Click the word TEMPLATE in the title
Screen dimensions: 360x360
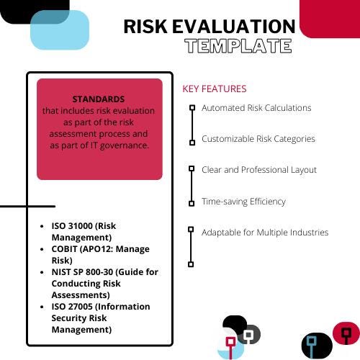click(x=238, y=46)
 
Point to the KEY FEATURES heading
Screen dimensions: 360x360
click(x=215, y=89)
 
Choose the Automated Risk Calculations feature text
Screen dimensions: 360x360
click(x=256, y=108)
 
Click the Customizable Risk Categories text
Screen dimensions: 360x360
click(x=258, y=139)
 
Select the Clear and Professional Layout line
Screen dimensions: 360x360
click(x=259, y=170)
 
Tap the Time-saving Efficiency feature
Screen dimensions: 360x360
click(x=243, y=202)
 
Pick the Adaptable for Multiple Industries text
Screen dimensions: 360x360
click(x=265, y=233)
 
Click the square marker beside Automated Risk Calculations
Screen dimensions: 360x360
click(x=192, y=108)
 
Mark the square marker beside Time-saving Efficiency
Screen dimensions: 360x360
click(x=192, y=203)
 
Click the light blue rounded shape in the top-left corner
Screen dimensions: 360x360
click(x=60, y=30)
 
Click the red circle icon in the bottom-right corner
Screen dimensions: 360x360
click(x=346, y=333)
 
